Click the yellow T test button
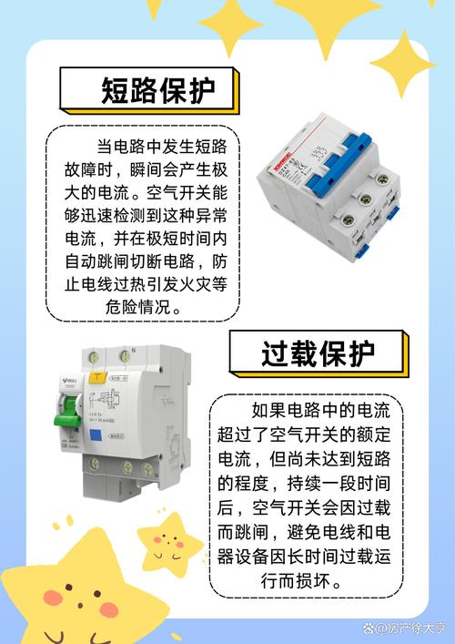pos(96,374)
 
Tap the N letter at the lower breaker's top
pos(133,350)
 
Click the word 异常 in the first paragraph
pos(210,215)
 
